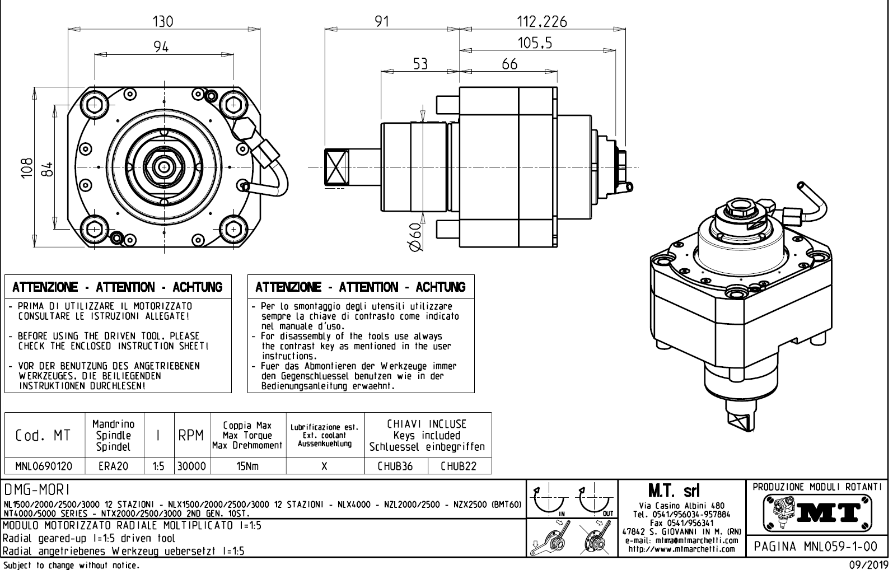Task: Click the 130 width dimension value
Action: click(163, 21)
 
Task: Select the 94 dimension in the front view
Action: click(161, 47)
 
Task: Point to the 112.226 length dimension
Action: click(541, 22)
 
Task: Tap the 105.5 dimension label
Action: click(535, 43)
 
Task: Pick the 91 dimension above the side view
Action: click(382, 22)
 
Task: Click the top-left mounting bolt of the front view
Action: click(94, 104)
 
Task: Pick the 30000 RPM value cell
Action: click(192, 466)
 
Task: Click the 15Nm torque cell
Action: click(247, 466)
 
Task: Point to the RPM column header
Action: click(191, 435)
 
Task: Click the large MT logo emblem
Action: click(817, 511)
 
